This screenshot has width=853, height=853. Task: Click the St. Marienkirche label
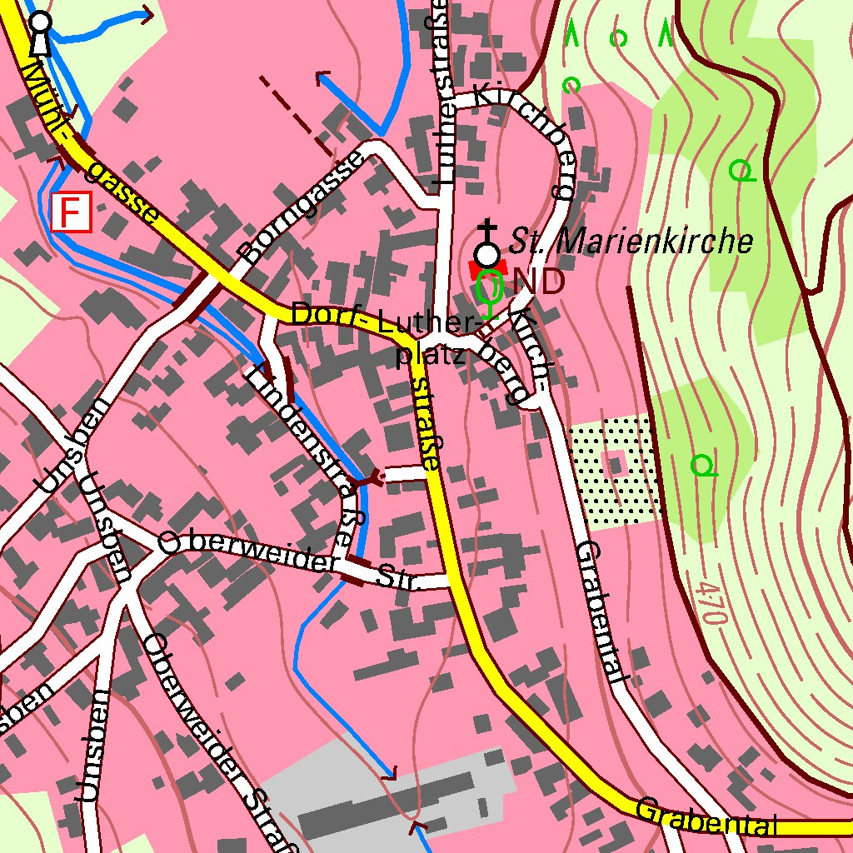631,242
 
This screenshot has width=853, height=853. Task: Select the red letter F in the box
71,212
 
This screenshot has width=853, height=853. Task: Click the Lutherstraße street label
441,92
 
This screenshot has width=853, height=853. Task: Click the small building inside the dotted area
616,463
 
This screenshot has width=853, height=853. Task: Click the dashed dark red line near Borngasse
296,116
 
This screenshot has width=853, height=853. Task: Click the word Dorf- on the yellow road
331,317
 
